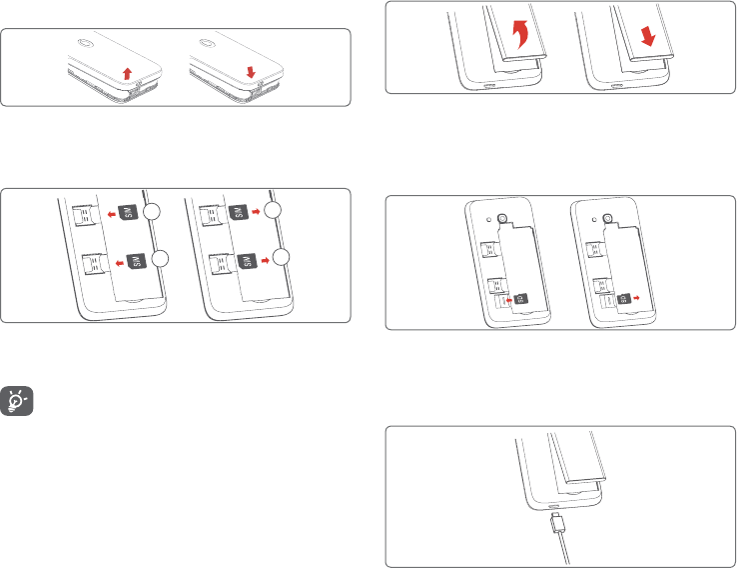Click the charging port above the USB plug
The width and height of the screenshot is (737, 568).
(554, 508)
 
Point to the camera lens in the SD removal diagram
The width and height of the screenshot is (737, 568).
(607, 218)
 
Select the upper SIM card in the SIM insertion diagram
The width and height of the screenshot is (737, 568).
(127, 211)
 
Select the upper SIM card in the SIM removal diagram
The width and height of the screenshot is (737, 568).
(239, 211)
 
